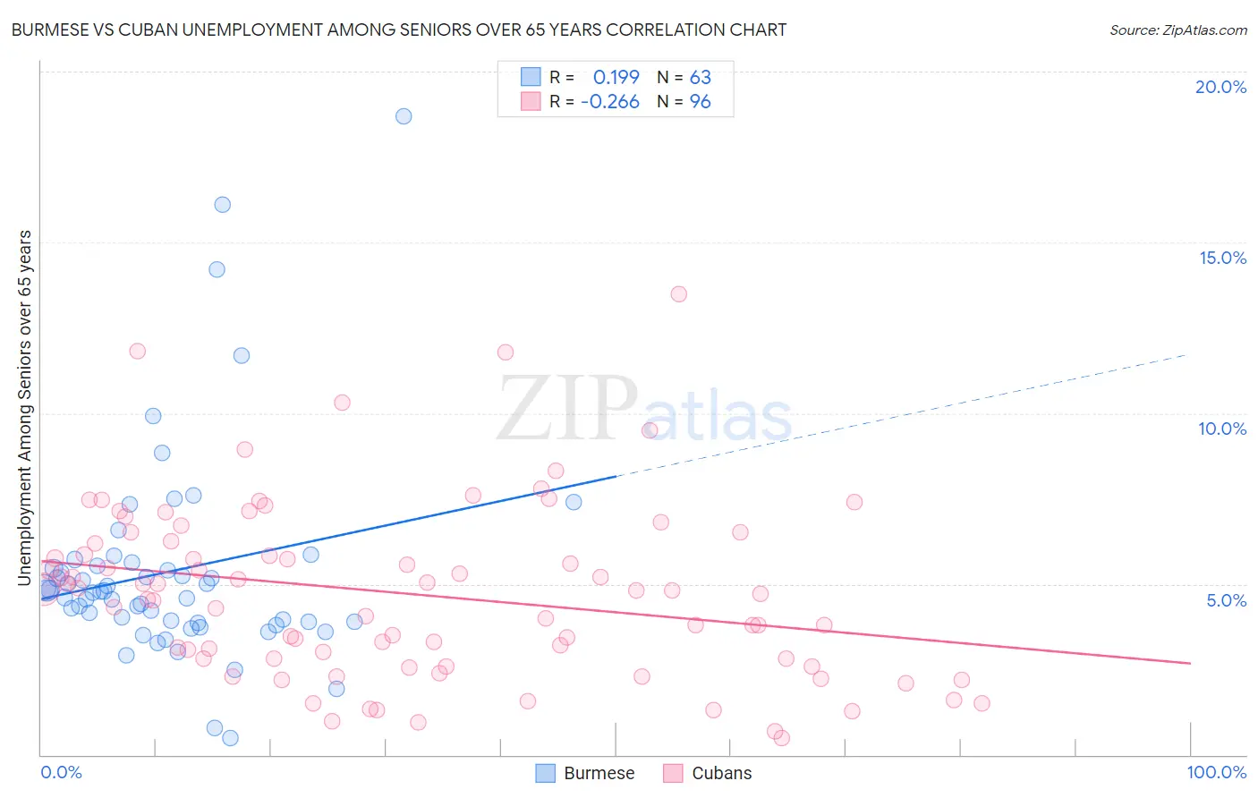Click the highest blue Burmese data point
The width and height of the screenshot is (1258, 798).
pyautogui.click(x=404, y=116)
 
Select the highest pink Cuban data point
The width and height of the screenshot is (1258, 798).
pyautogui.click(x=678, y=294)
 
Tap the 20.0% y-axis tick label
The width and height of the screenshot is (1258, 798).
pyautogui.click(x=1220, y=87)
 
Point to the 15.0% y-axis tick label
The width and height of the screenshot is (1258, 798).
pyautogui.click(x=1222, y=258)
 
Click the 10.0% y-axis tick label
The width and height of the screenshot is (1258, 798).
pyautogui.click(x=1222, y=429)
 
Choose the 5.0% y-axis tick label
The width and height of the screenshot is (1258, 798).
pyautogui.click(x=1226, y=600)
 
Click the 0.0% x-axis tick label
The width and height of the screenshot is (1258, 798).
pyautogui.click(x=61, y=772)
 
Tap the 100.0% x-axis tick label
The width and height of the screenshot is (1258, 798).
pyautogui.click(x=1216, y=772)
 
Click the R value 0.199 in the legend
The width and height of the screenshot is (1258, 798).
pyautogui.click(x=616, y=78)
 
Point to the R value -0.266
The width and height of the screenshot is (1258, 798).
pyautogui.click(x=609, y=102)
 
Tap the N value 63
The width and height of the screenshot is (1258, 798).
pyautogui.click(x=700, y=78)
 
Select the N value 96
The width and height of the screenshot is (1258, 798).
pyautogui.click(x=700, y=102)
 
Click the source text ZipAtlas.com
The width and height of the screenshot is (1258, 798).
pyautogui.click(x=1177, y=30)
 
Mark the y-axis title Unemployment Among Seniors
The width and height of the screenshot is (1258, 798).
pyautogui.click(x=25, y=408)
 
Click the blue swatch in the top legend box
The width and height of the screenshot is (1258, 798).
pyautogui.click(x=531, y=77)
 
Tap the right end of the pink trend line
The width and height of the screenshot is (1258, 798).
pyautogui.click(x=1190, y=663)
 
